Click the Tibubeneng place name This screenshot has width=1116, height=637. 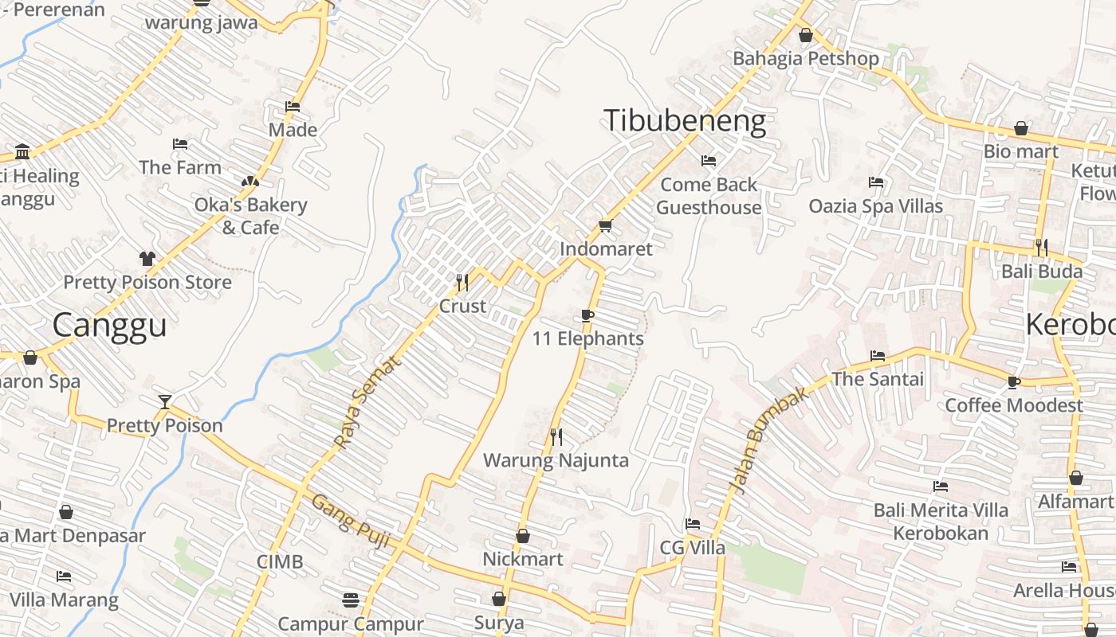[685, 121]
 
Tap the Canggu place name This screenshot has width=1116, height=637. [110, 326]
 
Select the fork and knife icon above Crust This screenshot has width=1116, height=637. [462, 282]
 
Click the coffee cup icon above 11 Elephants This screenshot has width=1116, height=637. [587, 315]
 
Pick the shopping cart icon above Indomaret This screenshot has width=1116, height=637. [605, 226]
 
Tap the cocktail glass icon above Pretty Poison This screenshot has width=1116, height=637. [164, 401]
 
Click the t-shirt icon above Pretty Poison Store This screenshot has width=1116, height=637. [147, 258]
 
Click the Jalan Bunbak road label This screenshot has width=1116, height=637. [768, 440]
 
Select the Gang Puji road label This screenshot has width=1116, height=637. [350, 521]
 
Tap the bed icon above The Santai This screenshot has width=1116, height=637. [878, 356]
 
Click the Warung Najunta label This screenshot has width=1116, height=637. [556, 460]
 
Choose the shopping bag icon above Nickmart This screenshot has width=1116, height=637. [523, 536]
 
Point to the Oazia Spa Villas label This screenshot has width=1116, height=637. [875, 206]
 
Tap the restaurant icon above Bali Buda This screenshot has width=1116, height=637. [1041, 248]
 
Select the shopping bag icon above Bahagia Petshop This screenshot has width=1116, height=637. [806, 35]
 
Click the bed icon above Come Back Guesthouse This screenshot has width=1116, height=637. [709, 161]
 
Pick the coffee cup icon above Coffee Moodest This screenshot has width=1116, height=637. [1013, 382]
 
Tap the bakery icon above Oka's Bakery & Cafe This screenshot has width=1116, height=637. [250, 182]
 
